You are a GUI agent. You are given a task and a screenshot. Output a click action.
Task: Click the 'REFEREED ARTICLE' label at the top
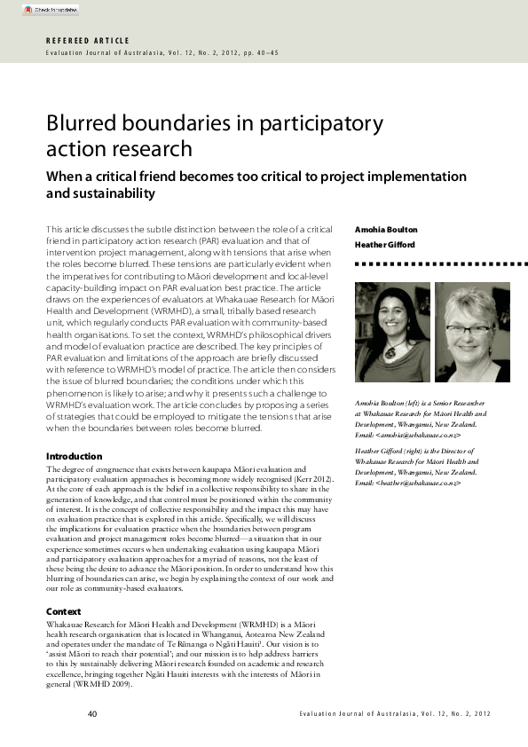(88, 41)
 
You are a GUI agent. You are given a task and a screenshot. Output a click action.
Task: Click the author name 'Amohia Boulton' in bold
(386, 230)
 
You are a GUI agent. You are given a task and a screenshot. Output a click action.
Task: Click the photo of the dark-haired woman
(392, 333)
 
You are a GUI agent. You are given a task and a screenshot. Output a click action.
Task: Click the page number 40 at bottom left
(92, 714)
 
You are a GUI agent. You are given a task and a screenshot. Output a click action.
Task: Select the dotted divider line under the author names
(431, 264)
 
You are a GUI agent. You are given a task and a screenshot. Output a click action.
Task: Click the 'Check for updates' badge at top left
(51, 10)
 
